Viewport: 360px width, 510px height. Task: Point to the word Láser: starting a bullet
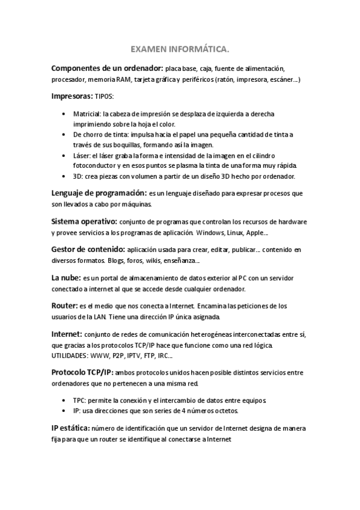(x=84, y=155)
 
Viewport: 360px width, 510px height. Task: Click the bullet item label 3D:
(x=78, y=176)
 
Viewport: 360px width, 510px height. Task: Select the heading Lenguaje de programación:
(x=99, y=193)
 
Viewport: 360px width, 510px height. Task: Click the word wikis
(x=157, y=260)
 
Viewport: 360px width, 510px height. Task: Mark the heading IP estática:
(x=71, y=428)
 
